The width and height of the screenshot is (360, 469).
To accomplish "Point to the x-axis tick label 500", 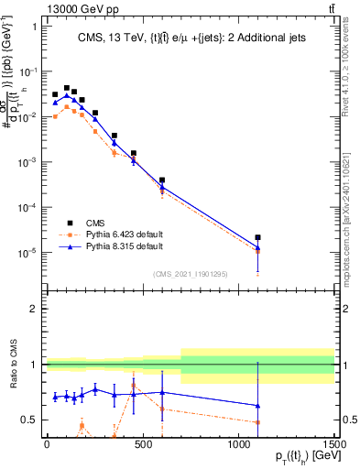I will [x=142, y=445].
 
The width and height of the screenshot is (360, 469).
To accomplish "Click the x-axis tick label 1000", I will [x=238, y=445].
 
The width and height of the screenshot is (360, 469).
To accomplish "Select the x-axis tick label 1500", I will [x=334, y=445].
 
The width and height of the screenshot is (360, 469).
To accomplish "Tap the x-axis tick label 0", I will [x=46, y=445].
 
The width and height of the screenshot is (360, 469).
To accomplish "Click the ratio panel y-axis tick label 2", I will [x=33, y=309].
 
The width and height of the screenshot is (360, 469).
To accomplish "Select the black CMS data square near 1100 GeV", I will [x=258, y=237].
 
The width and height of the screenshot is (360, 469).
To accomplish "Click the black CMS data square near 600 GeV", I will [x=162, y=180].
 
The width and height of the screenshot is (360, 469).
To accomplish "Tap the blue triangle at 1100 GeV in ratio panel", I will [x=258, y=405].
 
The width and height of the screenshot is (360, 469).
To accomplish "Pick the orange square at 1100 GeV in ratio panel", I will [x=258, y=422].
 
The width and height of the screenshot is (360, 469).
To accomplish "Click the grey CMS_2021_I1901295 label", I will [x=190, y=274].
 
